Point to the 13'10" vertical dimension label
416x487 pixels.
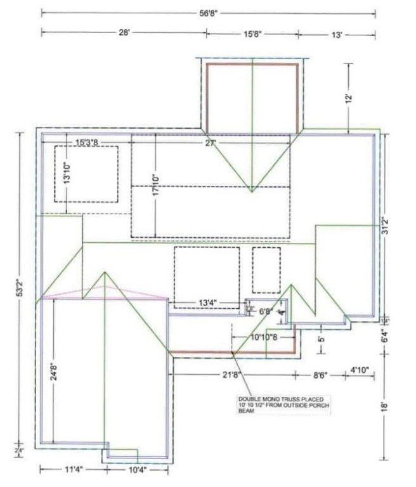(67, 171)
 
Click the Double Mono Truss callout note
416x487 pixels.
(267, 405)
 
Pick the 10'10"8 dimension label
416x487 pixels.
(263, 337)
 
